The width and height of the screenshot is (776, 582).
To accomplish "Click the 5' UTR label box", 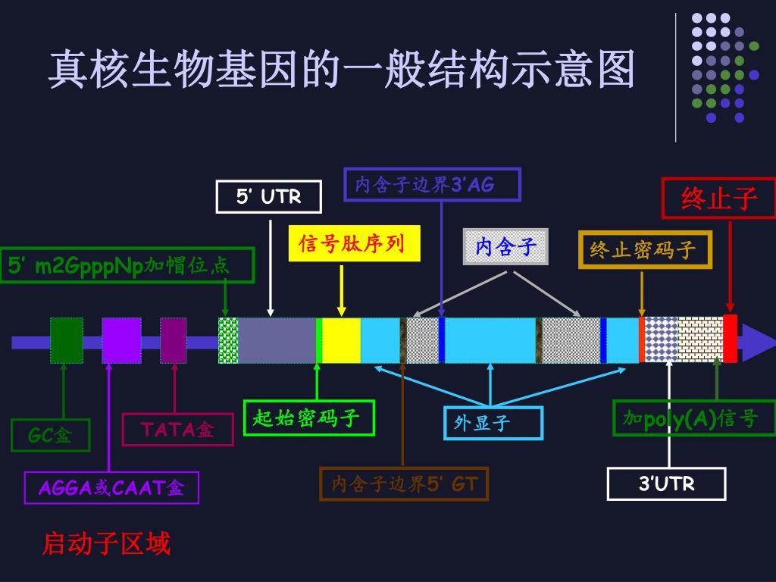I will pyautogui.click(x=269, y=197).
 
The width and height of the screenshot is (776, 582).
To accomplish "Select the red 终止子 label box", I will pyautogui.click(x=719, y=199).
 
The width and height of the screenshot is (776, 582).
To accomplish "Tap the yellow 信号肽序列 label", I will pyautogui.click(x=355, y=244).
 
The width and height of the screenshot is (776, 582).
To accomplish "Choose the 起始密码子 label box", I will pyautogui.click(x=309, y=418).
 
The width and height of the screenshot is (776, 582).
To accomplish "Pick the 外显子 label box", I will pyautogui.click(x=493, y=423).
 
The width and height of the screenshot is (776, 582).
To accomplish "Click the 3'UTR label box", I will pyautogui.click(x=667, y=483).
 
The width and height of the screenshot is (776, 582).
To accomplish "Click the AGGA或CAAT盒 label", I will pyautogui.click(x=111, y=487).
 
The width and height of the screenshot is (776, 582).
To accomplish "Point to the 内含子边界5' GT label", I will pyautogui.click(x=404, y=484).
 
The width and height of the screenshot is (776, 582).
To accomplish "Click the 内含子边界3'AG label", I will pyautogui.click(x=433, y=184).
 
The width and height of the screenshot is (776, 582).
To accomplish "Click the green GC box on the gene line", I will pyautogui.click(x=67, y=340).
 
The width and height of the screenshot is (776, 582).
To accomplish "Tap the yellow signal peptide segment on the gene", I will pyautogui.click(x=342, y=341).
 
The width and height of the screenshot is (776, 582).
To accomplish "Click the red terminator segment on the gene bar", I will pyautogui.click(x=730, y=338).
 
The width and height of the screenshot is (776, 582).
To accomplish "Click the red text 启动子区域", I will pyautogui.click(x=107, y=543).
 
